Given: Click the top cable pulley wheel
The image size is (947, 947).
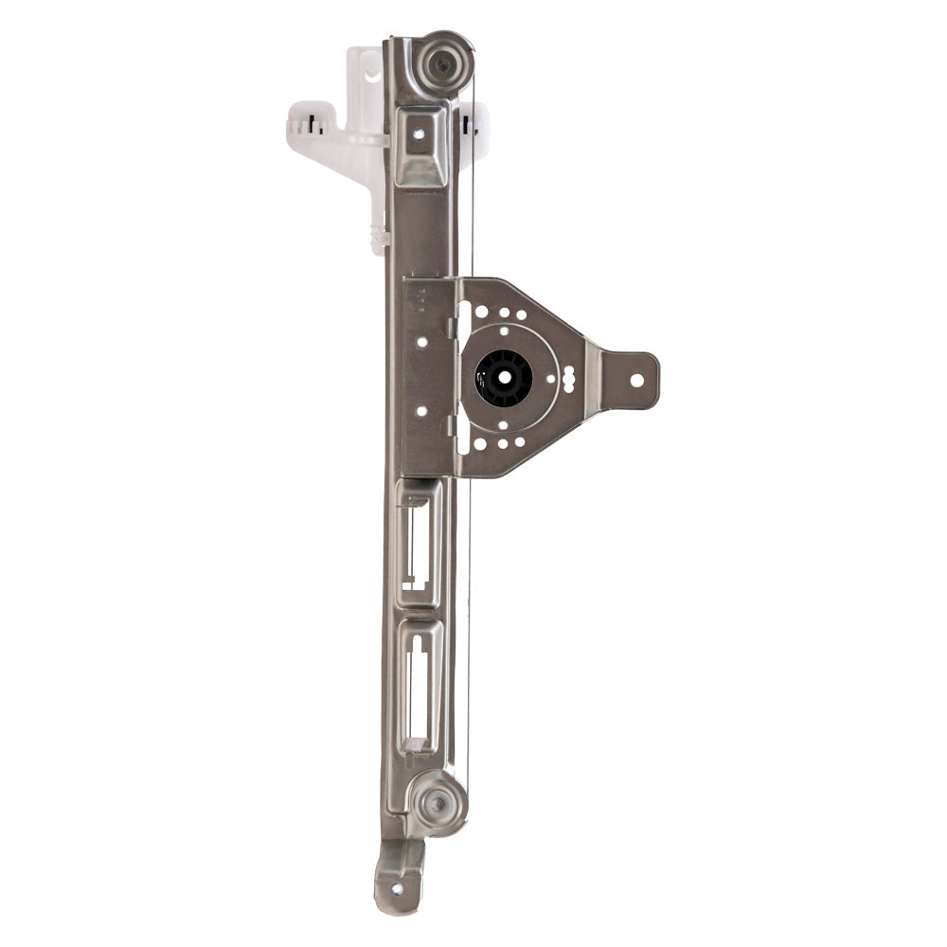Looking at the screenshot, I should [x=441, y=63].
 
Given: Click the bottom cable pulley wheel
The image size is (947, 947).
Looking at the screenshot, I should [x=438, y=803].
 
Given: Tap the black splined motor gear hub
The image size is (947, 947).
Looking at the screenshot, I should [x=503, y=378].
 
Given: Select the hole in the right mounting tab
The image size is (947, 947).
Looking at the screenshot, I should [x=636, y=380].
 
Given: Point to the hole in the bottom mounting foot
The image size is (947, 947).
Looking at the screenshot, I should [x=395, y=887].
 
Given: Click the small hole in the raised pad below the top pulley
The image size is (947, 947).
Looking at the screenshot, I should [x=418, y=134].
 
